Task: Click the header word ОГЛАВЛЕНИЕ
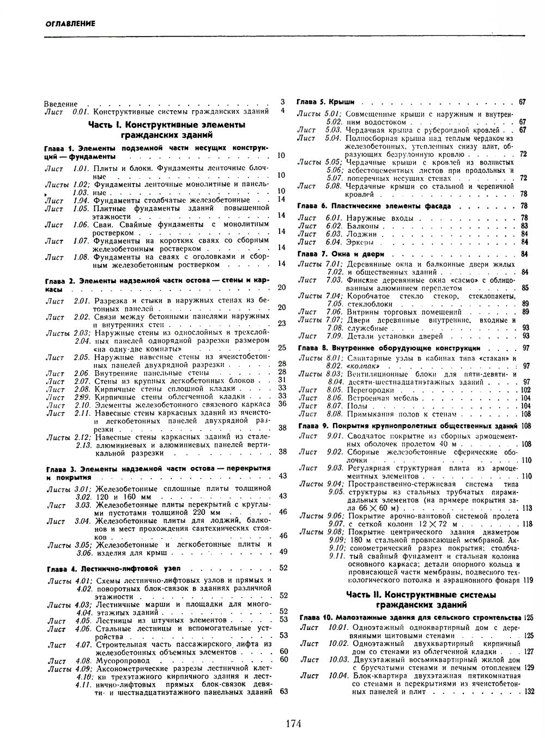(x=71, y=23)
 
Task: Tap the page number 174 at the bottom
(x=293, y=723)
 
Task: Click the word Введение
(x=61, y=103)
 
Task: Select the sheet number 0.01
(x=81, y=111)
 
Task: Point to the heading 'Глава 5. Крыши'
(x=326, y=102)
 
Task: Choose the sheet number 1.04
(x=81, y=200)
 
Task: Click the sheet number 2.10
(x=82, y=404)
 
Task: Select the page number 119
(x=527, y=580)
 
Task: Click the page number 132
(x=529, y=692)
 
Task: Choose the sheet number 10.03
(x=338, y=659)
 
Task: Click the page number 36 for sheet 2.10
(x=282, y=404)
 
